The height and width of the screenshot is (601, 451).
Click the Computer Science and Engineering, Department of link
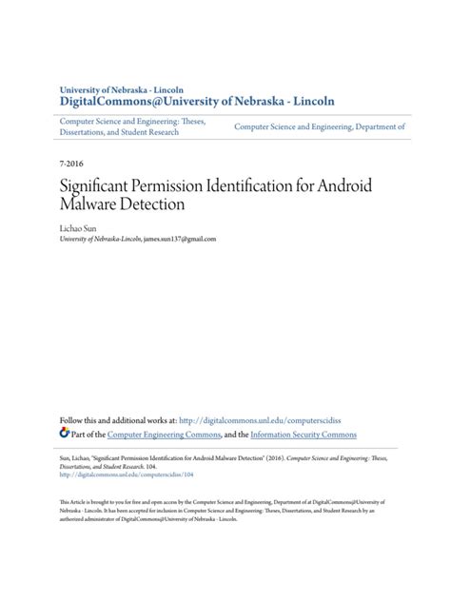[x=320, y=126]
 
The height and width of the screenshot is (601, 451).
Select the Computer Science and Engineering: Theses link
[x=133, y=121]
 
